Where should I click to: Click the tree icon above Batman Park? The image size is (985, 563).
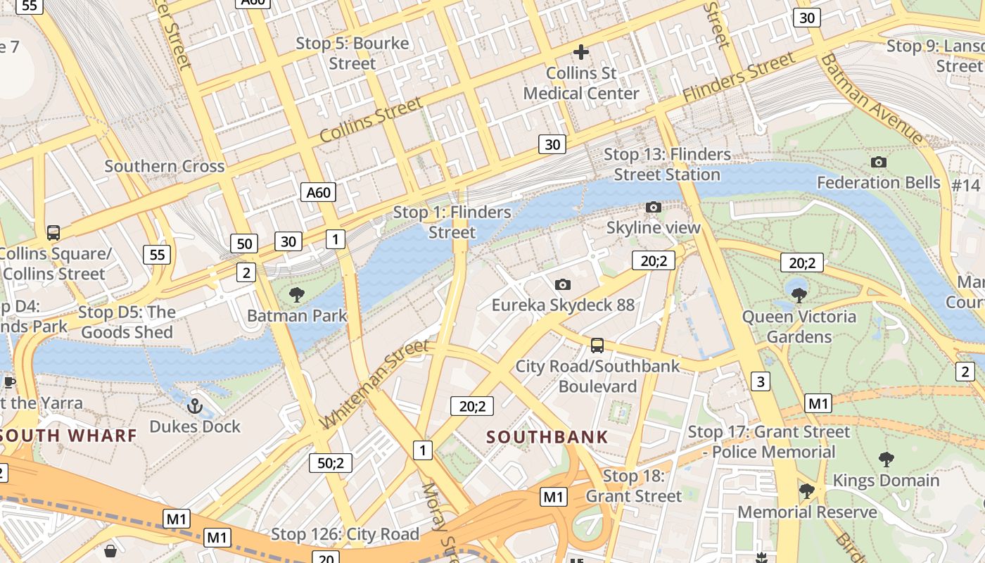point(297,294)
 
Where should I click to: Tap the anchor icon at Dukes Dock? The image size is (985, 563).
point(195,405)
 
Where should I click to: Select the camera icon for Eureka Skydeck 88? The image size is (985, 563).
point(562,284)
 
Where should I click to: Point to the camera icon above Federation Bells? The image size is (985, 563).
point(878,162)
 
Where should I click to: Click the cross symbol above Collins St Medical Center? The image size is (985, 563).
point(581,52)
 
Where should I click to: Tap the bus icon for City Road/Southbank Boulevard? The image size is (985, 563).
point(597,345)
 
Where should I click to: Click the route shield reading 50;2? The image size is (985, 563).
point(331,462)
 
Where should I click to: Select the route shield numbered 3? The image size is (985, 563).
point(760,381)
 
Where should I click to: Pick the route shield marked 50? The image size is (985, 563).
point(244,244)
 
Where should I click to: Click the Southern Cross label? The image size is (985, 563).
point(165,167)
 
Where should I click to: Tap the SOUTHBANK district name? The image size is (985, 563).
point(547,437)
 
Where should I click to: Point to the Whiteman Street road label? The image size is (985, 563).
point(374,384)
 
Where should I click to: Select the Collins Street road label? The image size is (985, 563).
point(371,119)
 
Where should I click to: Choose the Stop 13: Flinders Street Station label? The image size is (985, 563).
point(667,164)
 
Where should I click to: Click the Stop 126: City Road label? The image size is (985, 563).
point(345,534)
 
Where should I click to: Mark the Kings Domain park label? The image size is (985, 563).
point(886,481)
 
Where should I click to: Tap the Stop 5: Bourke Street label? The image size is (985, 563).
point(352,53)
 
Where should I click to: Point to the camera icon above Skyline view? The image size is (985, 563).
point(654,207)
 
